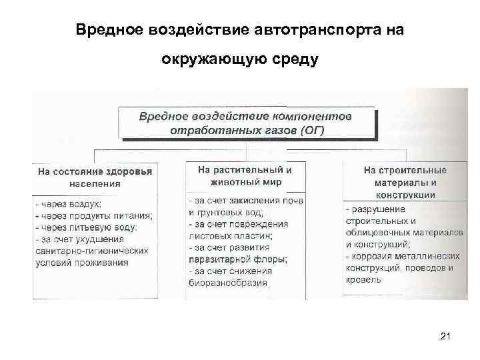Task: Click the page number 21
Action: (x=446, y=337)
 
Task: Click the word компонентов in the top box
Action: (x=314, y=116)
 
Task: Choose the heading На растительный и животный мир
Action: (x=244, y=175)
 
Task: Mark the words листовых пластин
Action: (x=230, y=235)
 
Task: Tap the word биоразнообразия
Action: (x=227, y=283)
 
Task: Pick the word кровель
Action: (x=364, y=280)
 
